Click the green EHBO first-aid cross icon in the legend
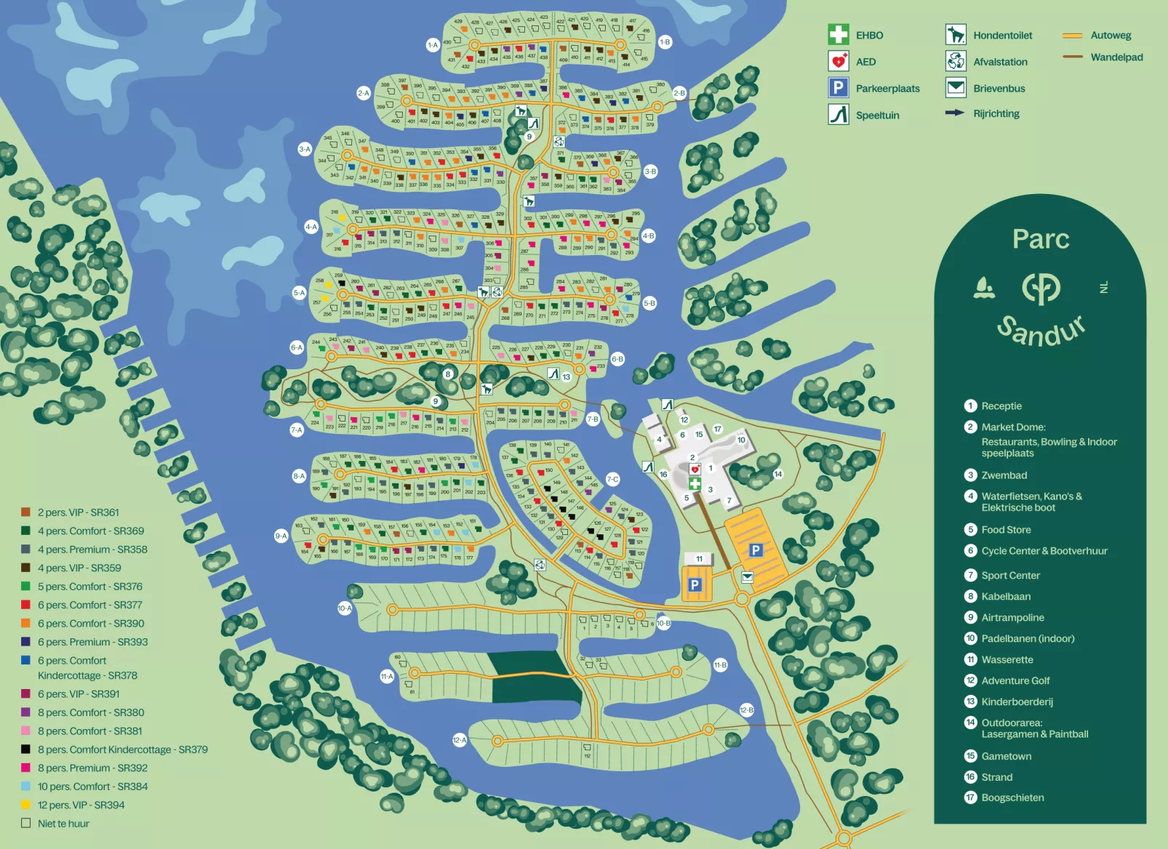[839, 35]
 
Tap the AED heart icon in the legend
[839, 61]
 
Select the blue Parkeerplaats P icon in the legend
[839, 88]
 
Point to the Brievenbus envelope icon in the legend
[956, 88]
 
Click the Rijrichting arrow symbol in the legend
[955, 113]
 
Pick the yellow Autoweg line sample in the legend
[1072, 35]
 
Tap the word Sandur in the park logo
[1040, 330]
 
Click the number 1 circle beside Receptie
[970, 406]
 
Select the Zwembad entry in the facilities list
[1004, 475]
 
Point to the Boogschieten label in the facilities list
[1012, 797]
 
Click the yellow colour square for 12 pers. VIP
[25, 805]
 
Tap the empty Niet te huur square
[25, 824]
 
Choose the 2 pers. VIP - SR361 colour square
[25, 512]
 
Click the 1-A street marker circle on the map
[433, 45]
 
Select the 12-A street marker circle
[459, 741]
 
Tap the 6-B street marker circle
[617, 359]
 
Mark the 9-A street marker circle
[281, 536]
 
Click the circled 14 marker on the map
[778, 474]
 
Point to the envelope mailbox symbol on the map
[747, 577]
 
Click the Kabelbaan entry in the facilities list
[1005, 597]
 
